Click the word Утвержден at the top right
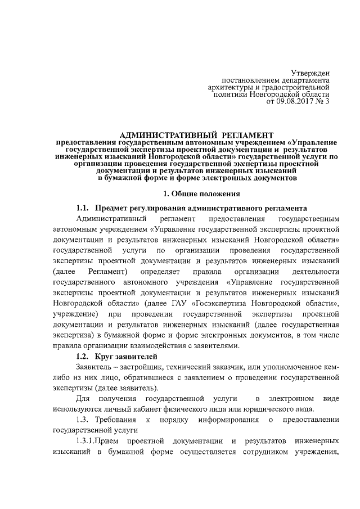[310, 73]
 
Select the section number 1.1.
[83, 208]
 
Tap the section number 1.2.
[83, 356]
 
